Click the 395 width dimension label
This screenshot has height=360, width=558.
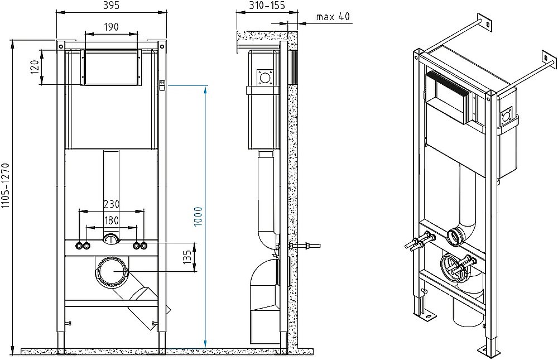tap(111, 6)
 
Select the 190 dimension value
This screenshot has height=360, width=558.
tap(112, 27)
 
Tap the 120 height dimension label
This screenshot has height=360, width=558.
tap(34, 67)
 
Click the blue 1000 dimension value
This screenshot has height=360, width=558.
tap(198, 216)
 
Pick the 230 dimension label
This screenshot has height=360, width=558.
tap(112, 204)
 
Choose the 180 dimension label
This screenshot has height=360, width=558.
tap(112, 220)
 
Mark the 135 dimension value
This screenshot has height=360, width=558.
tap(187, 257)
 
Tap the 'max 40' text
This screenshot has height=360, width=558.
tap(333, 16)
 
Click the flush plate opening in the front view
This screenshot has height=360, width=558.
tap(111, 68)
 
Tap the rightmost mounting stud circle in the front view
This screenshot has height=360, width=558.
tap(144, 246)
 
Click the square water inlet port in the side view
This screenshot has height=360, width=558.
tap(264, 77)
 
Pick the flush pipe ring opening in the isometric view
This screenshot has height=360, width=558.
tap(455, 237)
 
